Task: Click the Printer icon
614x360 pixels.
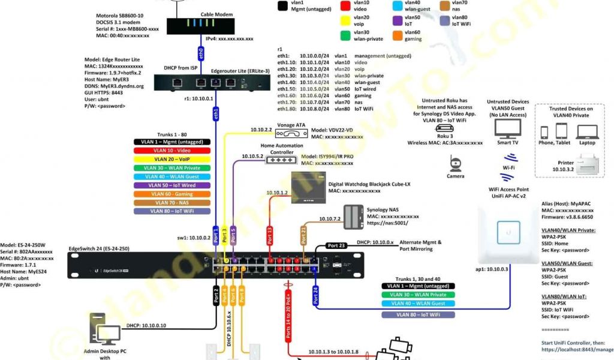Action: click(x=586, y=163)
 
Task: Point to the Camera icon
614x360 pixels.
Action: click(x=455, y=164)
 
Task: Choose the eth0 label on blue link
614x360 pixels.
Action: click(x=201, y=52)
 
